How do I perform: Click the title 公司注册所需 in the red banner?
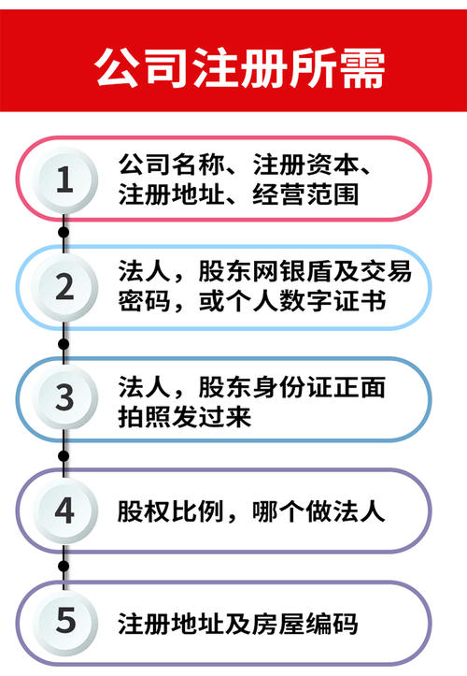[x=239, y=67]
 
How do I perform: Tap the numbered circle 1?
[x=64, y=180]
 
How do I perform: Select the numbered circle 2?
[x=64, y=287]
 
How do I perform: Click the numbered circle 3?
[x=64, y=397]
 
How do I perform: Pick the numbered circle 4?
[x=64, y=511]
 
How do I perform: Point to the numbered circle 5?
[x=64, y=621]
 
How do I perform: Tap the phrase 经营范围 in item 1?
[x=305, y=194]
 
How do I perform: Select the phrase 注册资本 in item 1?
[x=305, y=165]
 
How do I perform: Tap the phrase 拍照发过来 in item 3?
[x=185, y=417]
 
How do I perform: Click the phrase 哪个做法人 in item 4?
[x=318, y=511]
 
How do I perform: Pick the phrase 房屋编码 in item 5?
[x=304, y=624]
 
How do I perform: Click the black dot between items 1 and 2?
[x=64, y=233]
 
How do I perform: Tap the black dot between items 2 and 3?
[x=64, y=344]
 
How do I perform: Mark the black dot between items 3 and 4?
[x=64, y=455]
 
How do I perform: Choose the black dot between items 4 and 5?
[x=64, y=566]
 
